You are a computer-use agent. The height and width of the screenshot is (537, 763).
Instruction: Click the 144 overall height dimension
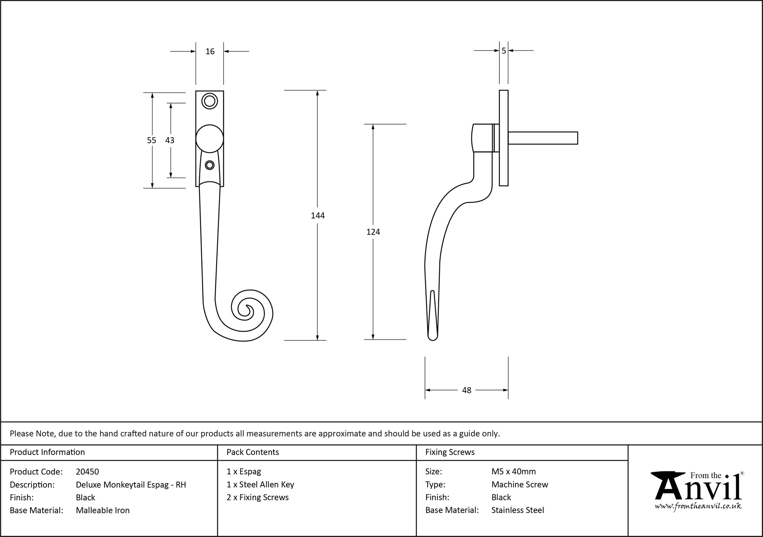[x=317, y=216]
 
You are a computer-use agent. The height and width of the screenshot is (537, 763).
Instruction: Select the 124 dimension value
[x=373, y=232]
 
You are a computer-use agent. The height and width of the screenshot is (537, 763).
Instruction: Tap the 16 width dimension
[x=210, y=52]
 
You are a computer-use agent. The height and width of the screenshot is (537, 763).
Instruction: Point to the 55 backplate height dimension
[x=151, y=141]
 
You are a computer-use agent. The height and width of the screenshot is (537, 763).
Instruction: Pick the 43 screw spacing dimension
[x=170, y=141]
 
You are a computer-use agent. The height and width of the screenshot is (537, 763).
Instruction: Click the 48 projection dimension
[x=467, y=390]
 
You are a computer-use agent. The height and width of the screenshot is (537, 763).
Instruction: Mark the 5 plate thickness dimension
[x=504, y=51]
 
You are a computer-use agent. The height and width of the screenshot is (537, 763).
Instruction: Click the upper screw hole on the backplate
[x=209, y=101]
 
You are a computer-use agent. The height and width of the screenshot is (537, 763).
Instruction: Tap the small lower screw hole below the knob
[x=209, y=165]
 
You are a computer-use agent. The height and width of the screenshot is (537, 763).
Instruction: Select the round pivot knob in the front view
[x=209, y=139]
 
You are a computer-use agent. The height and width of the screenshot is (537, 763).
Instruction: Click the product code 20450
[x=87, y=472]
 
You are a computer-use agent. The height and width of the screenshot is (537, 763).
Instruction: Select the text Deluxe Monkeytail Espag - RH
[x=131, y=485]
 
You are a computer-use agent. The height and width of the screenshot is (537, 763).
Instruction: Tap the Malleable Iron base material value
[x=103, y=510]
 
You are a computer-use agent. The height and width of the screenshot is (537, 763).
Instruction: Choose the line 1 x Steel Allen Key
[x=260, y=485]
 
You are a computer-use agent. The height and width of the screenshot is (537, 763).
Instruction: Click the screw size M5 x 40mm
[x=513, y=472]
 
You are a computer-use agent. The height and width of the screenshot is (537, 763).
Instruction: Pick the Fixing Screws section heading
[x=450, y=452]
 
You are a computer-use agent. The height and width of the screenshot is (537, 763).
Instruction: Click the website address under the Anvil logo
[x=698, y=506]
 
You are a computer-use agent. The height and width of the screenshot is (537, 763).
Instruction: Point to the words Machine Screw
[x=520, y=485]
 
